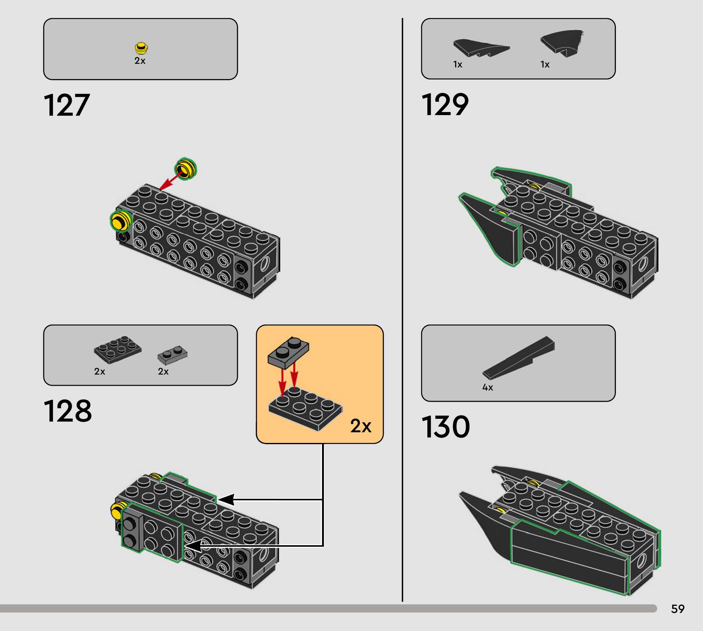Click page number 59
coord(678,609)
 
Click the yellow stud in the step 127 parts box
coord(141,48)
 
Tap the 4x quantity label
coord(487,387)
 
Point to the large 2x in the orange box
coord(361,426)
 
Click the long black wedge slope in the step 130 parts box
coord(519,357)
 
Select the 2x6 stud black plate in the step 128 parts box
coord(118,350)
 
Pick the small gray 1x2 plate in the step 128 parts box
coord(172,355)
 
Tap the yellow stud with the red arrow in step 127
coord(186,169)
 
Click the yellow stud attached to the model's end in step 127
coord(121,220)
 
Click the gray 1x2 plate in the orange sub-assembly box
coord(288,352)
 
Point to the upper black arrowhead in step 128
coord(226,500)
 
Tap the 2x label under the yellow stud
coord(140,61)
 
